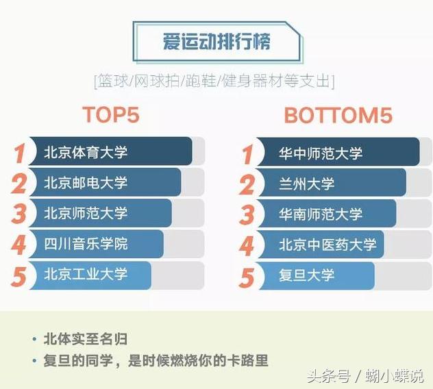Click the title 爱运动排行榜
pyautogui.click(x=216, y=42)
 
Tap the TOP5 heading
pyautogui.click(x=110, y=115)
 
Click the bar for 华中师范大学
pyautogui.click(x=336, y=152)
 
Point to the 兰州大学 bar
pyautogui.click(x=329, y=183)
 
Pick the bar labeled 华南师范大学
pyautogui.click(x=325, y=214)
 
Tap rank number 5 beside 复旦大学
pyautogui.click(x=246, y=277)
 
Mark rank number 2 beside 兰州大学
pyautogui.click(x=246, y=184)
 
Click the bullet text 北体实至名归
pyautogui.click(x=85, y=339)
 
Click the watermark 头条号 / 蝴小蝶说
pyautogui.click(x=364, y=376)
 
